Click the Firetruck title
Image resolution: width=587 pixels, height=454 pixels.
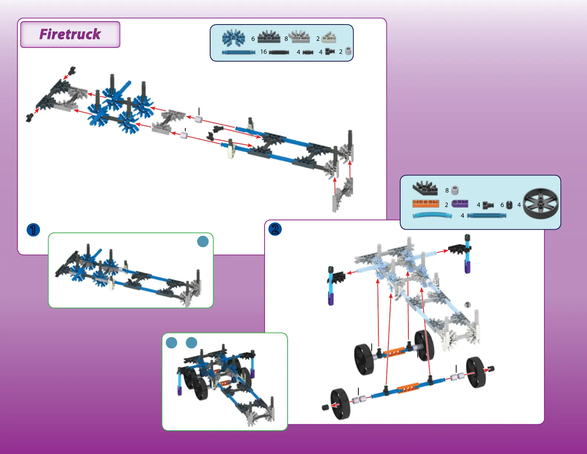[70, 34]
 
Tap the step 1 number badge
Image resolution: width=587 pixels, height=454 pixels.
[33, 230]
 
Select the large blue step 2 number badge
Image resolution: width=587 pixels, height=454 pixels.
[275, 229]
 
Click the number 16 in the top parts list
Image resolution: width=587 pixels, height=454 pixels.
[263, 52]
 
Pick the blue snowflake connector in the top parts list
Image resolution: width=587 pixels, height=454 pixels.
[233, 38]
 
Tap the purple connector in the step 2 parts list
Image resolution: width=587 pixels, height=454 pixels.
[460, 204]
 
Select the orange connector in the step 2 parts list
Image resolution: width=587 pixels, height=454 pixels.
[425, 204]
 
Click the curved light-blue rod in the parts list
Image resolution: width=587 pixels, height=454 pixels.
[432, 216]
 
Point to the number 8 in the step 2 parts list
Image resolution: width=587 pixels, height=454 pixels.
[447, 190]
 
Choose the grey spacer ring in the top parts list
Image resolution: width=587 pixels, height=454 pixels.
[348, 51]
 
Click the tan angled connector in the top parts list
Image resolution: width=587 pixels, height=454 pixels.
[329, 37]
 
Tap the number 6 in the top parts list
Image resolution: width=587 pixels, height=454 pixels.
[253, 39]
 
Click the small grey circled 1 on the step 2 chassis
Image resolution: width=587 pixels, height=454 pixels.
[468, 305]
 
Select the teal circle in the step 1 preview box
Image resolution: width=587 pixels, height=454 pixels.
[203, 241]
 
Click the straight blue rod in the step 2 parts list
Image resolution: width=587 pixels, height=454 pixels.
[486, 216]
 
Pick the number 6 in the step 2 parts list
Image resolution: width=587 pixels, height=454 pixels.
[502, 205]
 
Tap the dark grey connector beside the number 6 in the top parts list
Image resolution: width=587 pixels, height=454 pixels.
[269, 37]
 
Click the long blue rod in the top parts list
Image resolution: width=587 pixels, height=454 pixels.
[239, 52]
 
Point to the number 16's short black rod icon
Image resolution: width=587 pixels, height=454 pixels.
[279, 52]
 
